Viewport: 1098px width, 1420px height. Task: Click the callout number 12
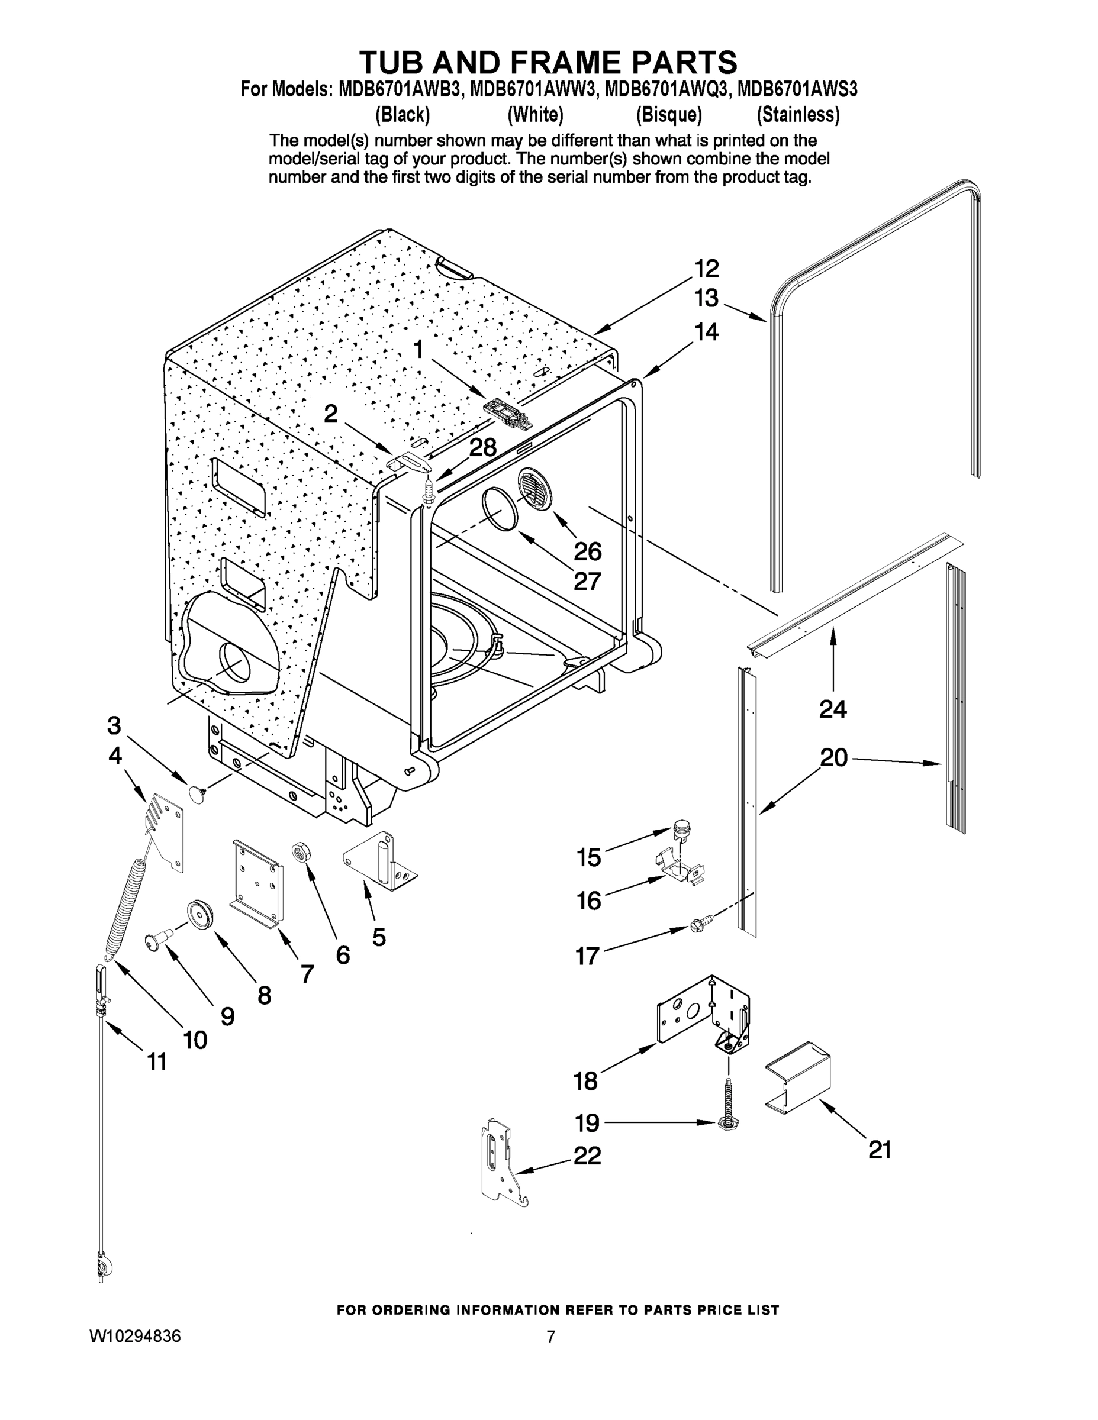pos(706,269)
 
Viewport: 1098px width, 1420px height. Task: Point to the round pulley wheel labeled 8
pos(198,914)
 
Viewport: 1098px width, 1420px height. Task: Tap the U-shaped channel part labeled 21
pos(798,1077)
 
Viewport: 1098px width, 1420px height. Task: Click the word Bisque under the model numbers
pos(669,115)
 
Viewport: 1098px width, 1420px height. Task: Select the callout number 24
pos(833,709)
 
